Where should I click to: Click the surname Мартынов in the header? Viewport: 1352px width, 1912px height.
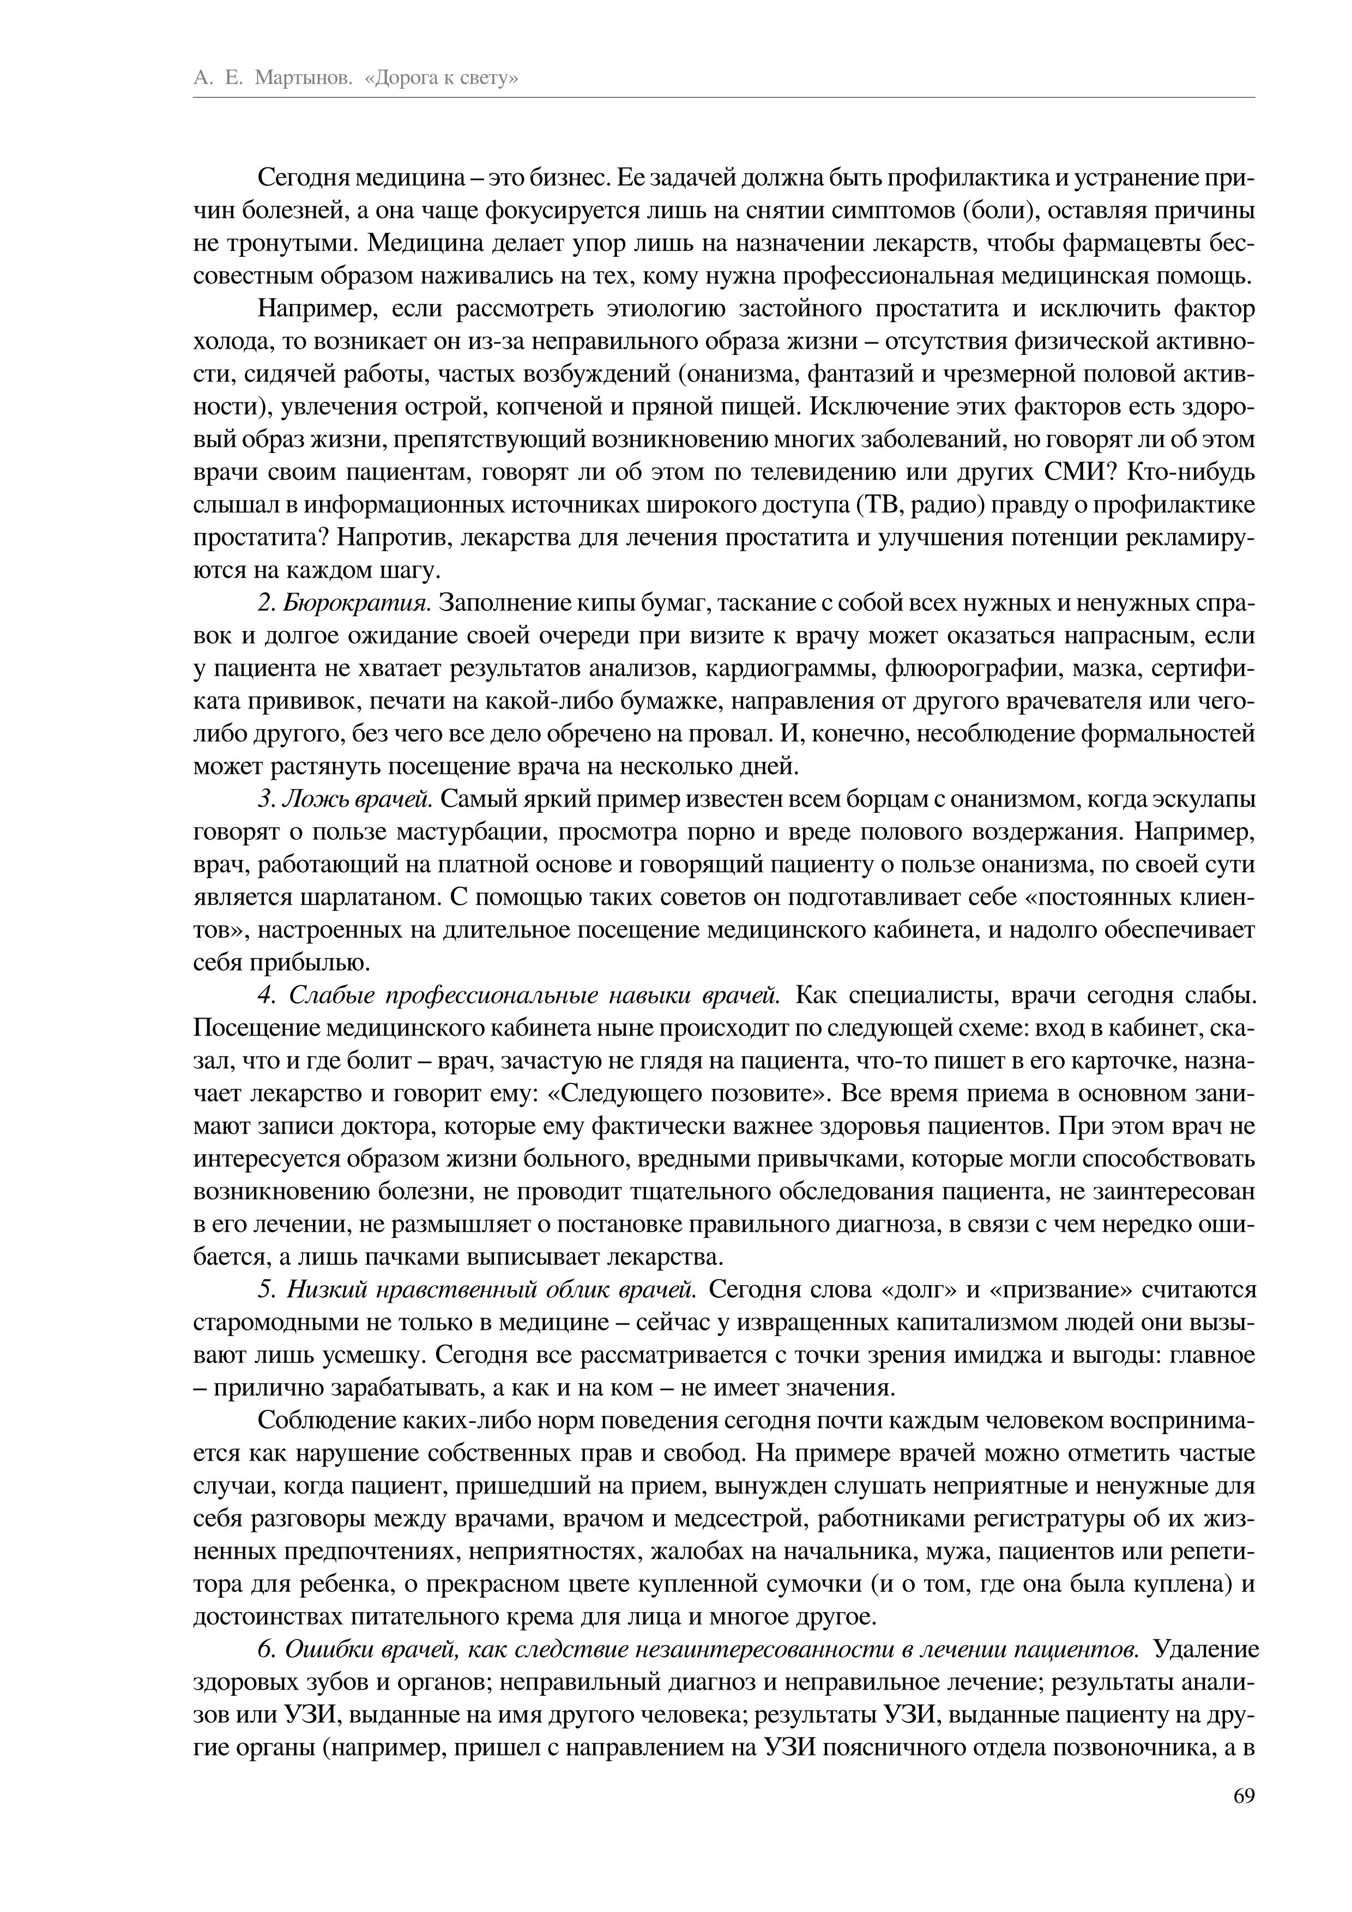point(301,79)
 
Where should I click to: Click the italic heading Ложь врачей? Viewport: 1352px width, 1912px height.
point(357,800)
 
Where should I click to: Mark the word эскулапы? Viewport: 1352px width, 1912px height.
point(1203,800)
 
